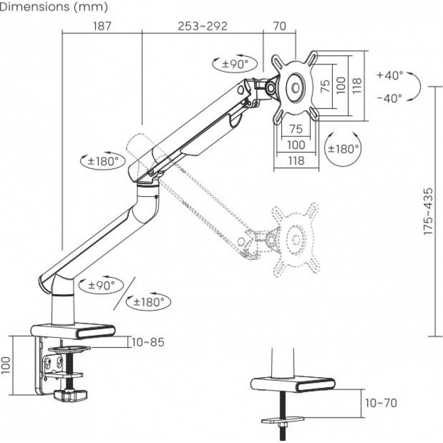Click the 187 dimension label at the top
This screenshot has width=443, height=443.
tap(102, 26)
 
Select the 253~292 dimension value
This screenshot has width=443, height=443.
tap(203, 26)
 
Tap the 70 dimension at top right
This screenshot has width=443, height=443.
tap(280, 26)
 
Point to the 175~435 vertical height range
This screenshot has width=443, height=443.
tap(428, 211)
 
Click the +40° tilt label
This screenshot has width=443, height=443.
tap(390, 75)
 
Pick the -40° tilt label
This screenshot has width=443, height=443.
tap(390, 99)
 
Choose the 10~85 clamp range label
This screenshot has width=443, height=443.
tap(148, 342)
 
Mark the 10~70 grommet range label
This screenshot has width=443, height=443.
tap(381, 403)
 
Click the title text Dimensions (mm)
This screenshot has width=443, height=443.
tap(54, 7)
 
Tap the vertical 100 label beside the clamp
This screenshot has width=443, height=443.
tap(6, 365)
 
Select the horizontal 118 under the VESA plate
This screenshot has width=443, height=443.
tap(296, 161)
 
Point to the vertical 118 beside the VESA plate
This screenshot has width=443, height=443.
tap(357, 86)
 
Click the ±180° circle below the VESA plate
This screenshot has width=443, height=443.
tap(343, 148)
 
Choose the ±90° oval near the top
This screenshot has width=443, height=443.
tap(235, 64)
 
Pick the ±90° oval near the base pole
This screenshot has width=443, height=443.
tap(101, 285)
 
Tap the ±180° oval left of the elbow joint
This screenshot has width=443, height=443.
tap(103, 161)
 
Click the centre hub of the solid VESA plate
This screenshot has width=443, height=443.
tap(296, 88)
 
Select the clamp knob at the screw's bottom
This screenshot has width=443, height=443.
tap(70, 395)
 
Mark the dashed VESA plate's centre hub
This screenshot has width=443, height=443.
tap(296, 240)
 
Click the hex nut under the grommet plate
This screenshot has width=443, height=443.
tap(282, 425)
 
